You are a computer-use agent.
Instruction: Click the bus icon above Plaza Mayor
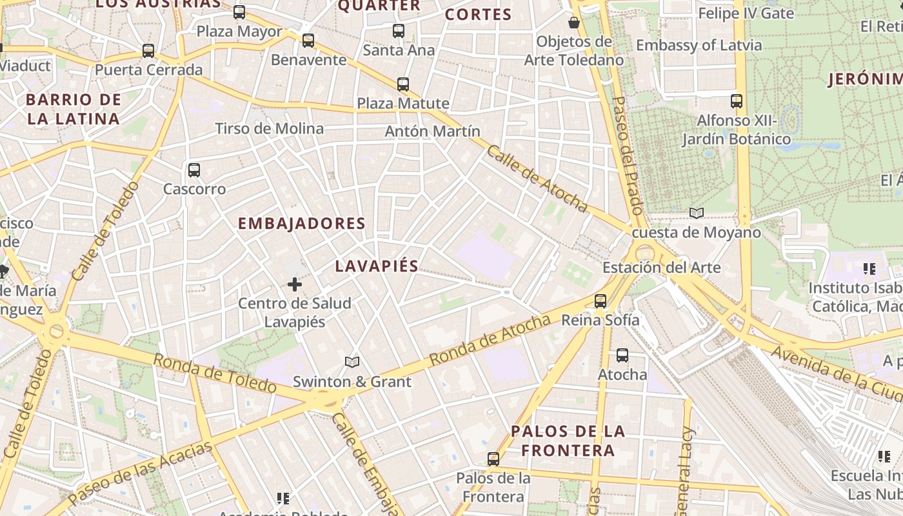[239, 12]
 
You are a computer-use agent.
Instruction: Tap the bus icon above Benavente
[308, 41]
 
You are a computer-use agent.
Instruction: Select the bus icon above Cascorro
[193, 170]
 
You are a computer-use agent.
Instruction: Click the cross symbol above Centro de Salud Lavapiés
[295, 284]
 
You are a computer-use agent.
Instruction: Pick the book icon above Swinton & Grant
[352, 362]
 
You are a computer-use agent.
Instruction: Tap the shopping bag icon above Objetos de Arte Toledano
[573, 23]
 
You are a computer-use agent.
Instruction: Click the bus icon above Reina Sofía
[600, 301]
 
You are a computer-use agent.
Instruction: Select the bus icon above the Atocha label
[622, 355]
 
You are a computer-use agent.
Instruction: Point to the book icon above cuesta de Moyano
[697, 213]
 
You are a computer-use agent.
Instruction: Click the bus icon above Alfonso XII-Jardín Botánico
[737, 101]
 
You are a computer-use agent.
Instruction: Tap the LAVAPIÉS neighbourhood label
[377, 266]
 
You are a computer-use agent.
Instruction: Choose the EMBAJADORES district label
[302, 224]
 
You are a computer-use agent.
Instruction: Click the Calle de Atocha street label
[537, 179]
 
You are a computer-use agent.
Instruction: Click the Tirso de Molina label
[270, 128]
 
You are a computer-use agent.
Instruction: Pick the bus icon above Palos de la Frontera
[493, 459]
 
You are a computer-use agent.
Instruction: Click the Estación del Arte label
[661, 267]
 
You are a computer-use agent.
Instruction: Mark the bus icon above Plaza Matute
[403, 84]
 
